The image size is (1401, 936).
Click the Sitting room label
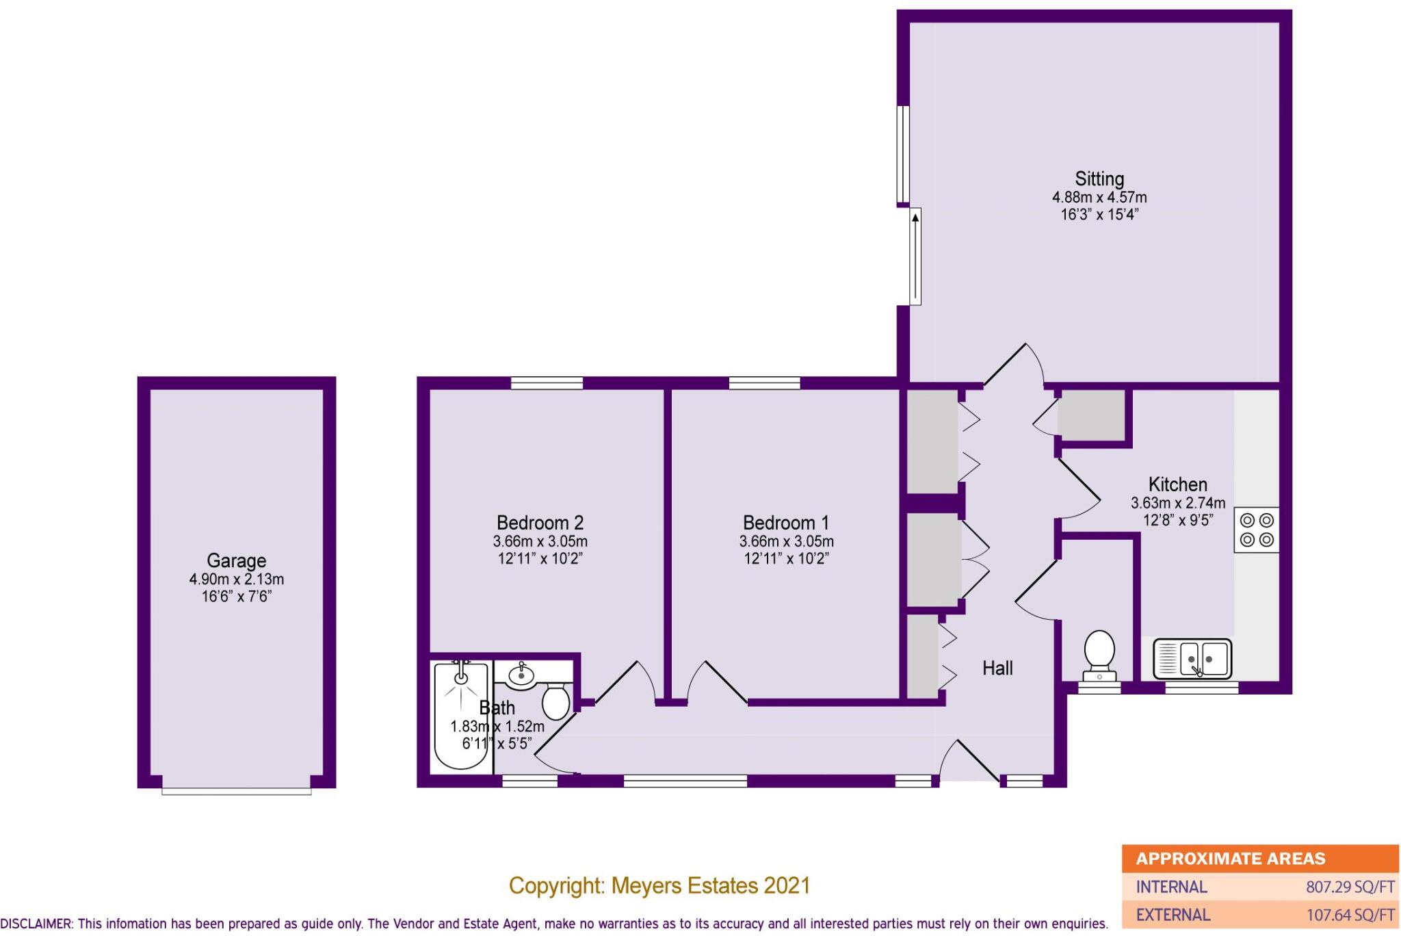(x=1099, y=179)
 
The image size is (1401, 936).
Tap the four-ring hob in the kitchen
(x=1256, y=530)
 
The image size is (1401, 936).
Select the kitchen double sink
(x=1192, y=659)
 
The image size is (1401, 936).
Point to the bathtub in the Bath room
(x=462, y=715)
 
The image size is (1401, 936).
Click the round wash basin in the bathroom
(x=522, y=675)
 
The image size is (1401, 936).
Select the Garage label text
(x=236, y=560)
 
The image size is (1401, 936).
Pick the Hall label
(x=997, y=668)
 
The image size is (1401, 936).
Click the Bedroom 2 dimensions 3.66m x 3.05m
(x=540, y=541)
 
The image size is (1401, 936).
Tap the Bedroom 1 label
(x=785, y=523)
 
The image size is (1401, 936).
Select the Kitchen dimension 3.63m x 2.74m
(x=1177, y=503)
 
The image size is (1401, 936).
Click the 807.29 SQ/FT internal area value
(x=1350, y=887)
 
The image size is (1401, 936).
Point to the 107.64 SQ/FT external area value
(x=1350, y=915)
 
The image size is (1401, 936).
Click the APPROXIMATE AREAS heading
(x=1230, y=859)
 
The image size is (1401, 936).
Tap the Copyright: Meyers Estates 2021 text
(x=659, y=886)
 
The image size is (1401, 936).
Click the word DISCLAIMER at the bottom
(x=36, y=924)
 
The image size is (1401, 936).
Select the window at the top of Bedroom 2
(x=547, y=383)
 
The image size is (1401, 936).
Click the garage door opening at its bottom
(x=236, y=790)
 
